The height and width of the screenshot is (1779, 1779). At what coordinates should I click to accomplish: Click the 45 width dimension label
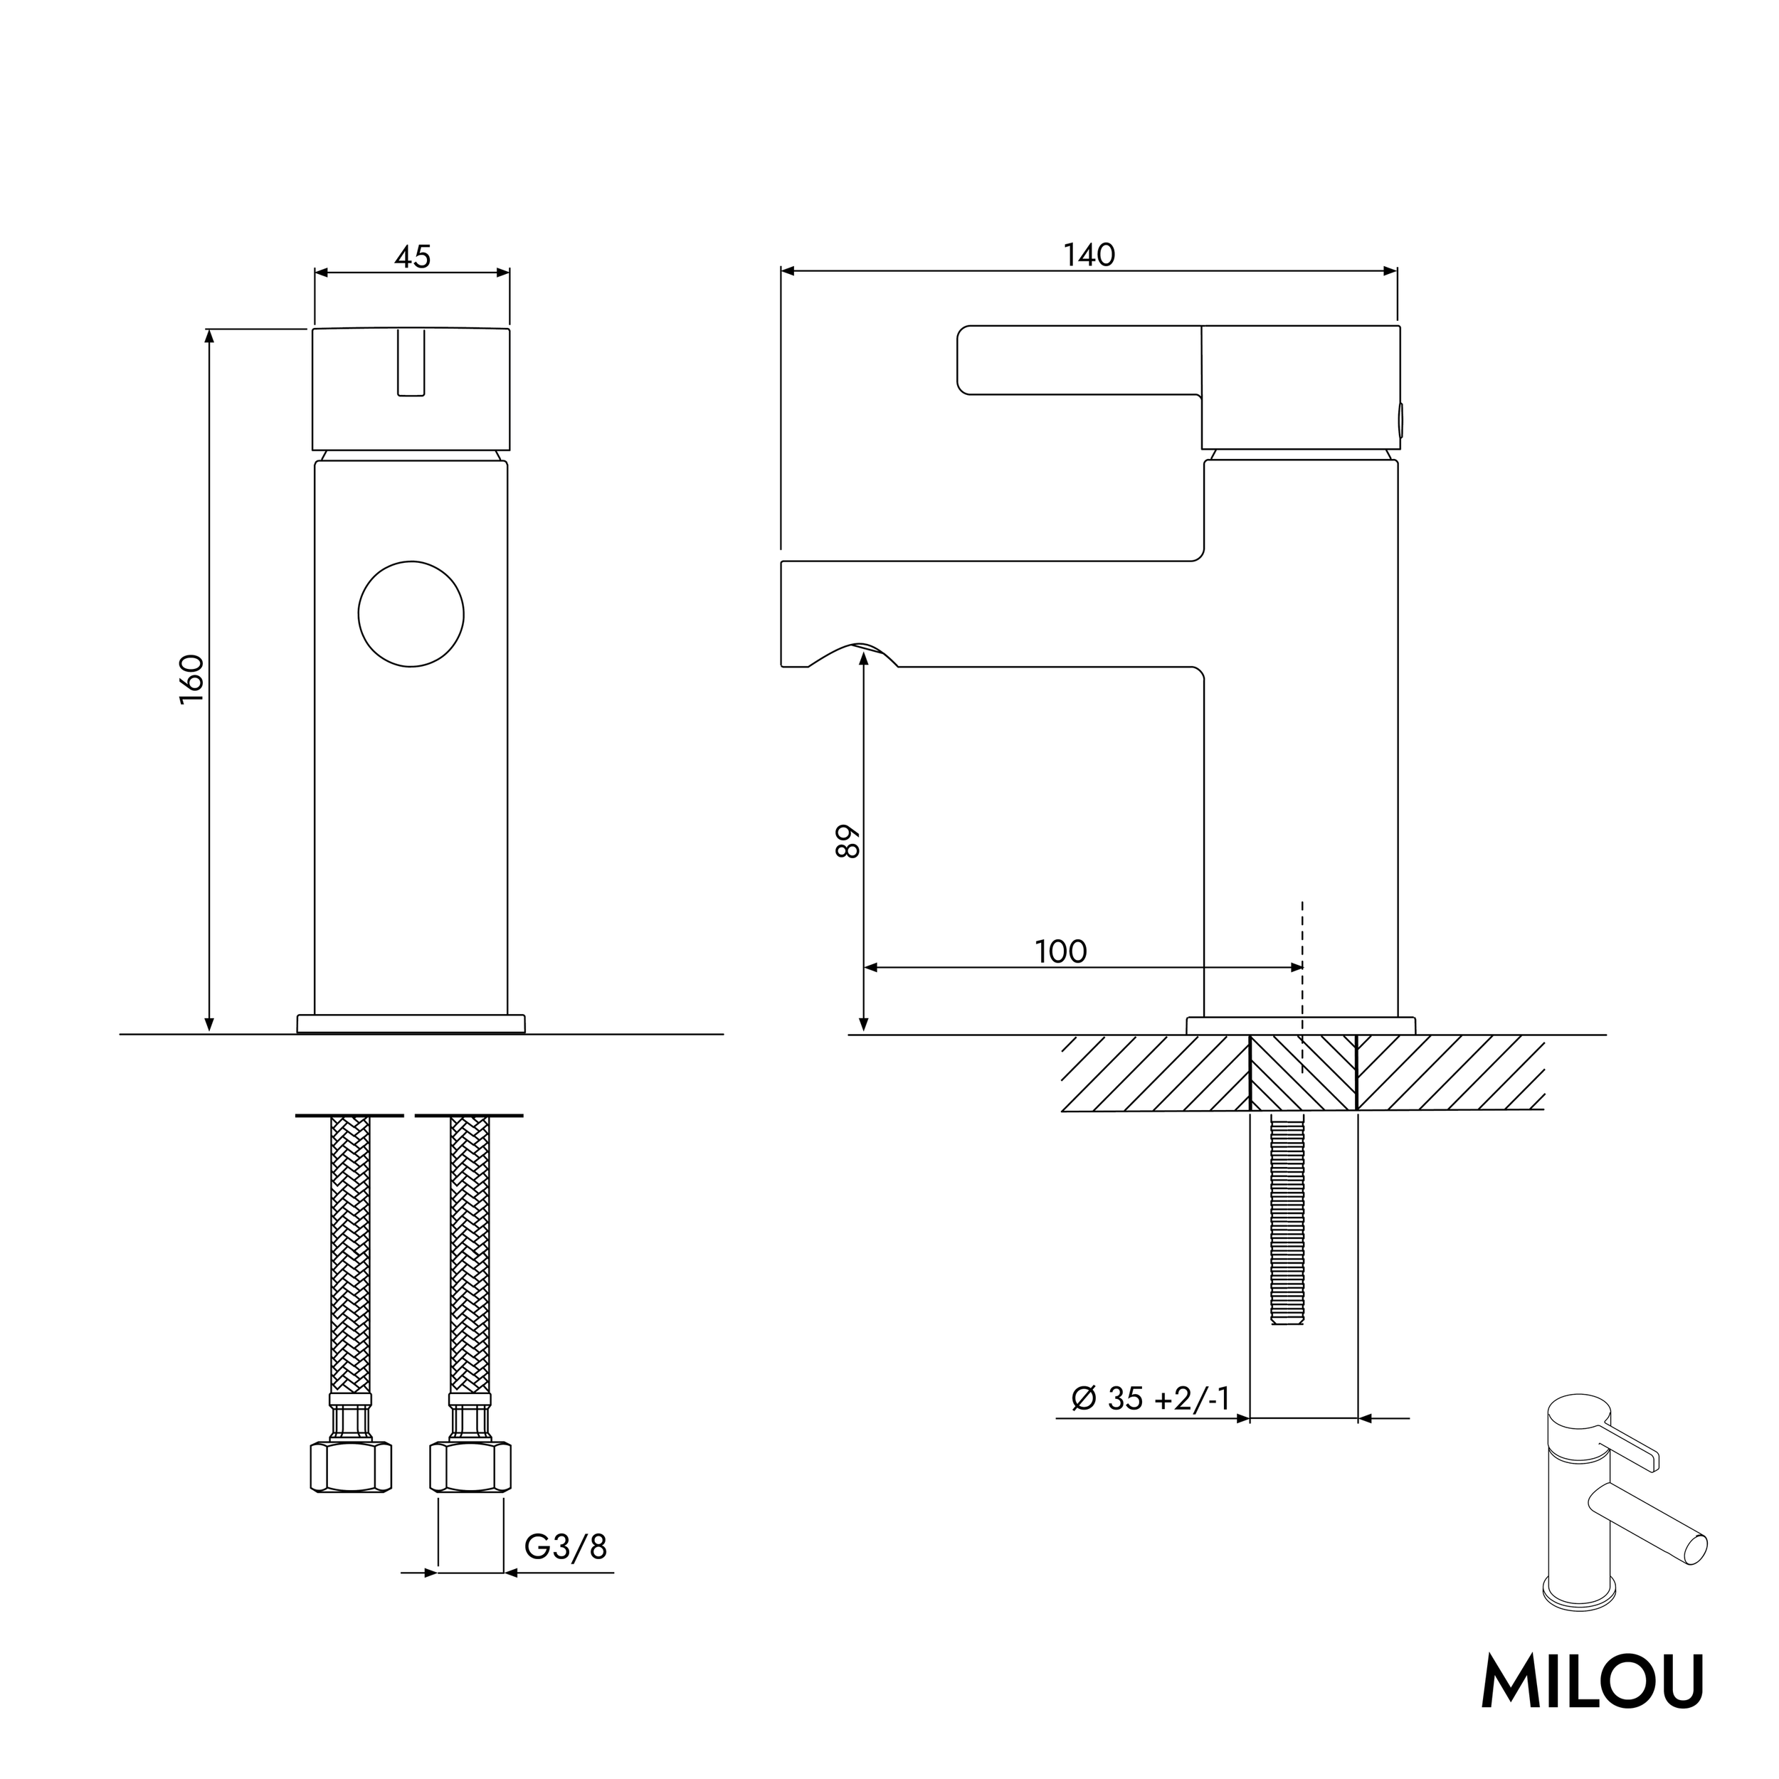[x=413, y=257]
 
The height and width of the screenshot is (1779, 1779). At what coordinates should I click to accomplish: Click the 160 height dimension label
[x=191, y=680]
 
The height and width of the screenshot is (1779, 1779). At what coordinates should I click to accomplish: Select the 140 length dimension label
[x=1089, y=255]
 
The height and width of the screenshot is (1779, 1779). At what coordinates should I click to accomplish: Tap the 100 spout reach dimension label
[x=1061, y=951]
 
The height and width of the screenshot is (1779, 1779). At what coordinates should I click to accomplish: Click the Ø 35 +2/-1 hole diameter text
[x=1150, y=1399]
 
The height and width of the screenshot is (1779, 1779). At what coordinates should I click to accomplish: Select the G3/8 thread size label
[x=566, y=1547]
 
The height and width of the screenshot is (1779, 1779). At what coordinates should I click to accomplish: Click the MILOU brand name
[x=1592, y=1682]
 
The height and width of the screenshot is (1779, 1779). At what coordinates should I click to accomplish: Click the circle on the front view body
[x=411, y=614]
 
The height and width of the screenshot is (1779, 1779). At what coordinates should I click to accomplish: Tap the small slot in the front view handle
[x=411, y=363]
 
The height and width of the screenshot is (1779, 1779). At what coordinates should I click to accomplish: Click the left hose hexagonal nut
[x=351, y=1467]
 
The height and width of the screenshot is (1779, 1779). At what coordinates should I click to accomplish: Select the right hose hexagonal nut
[x=470, y=1467]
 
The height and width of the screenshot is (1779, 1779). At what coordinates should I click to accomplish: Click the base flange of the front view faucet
[x=411, y=1024]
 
